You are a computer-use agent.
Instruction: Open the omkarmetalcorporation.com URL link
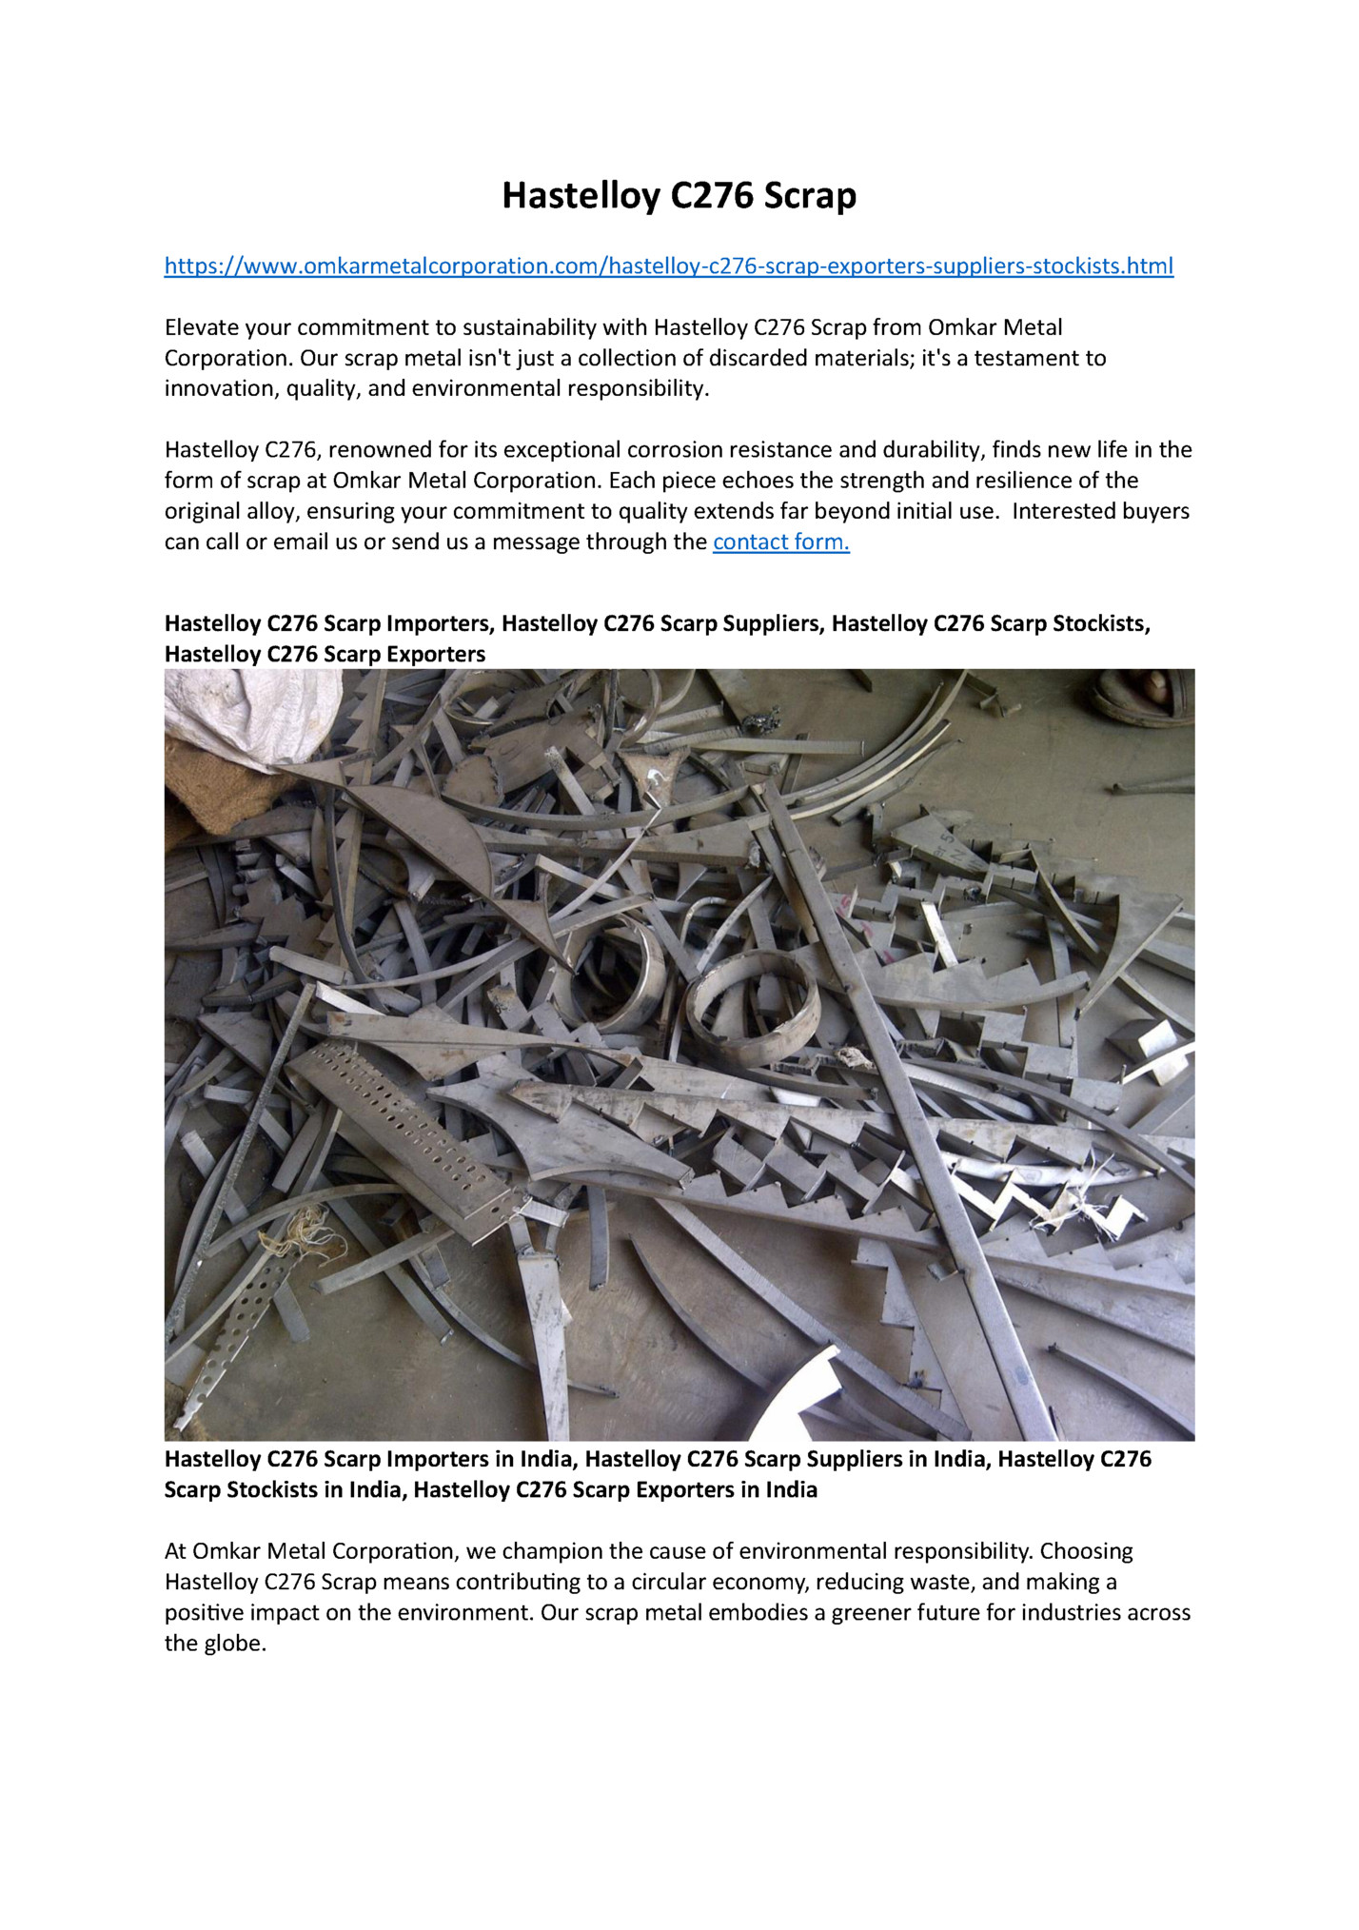[668, 266]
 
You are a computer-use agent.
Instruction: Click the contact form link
[780, 542]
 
